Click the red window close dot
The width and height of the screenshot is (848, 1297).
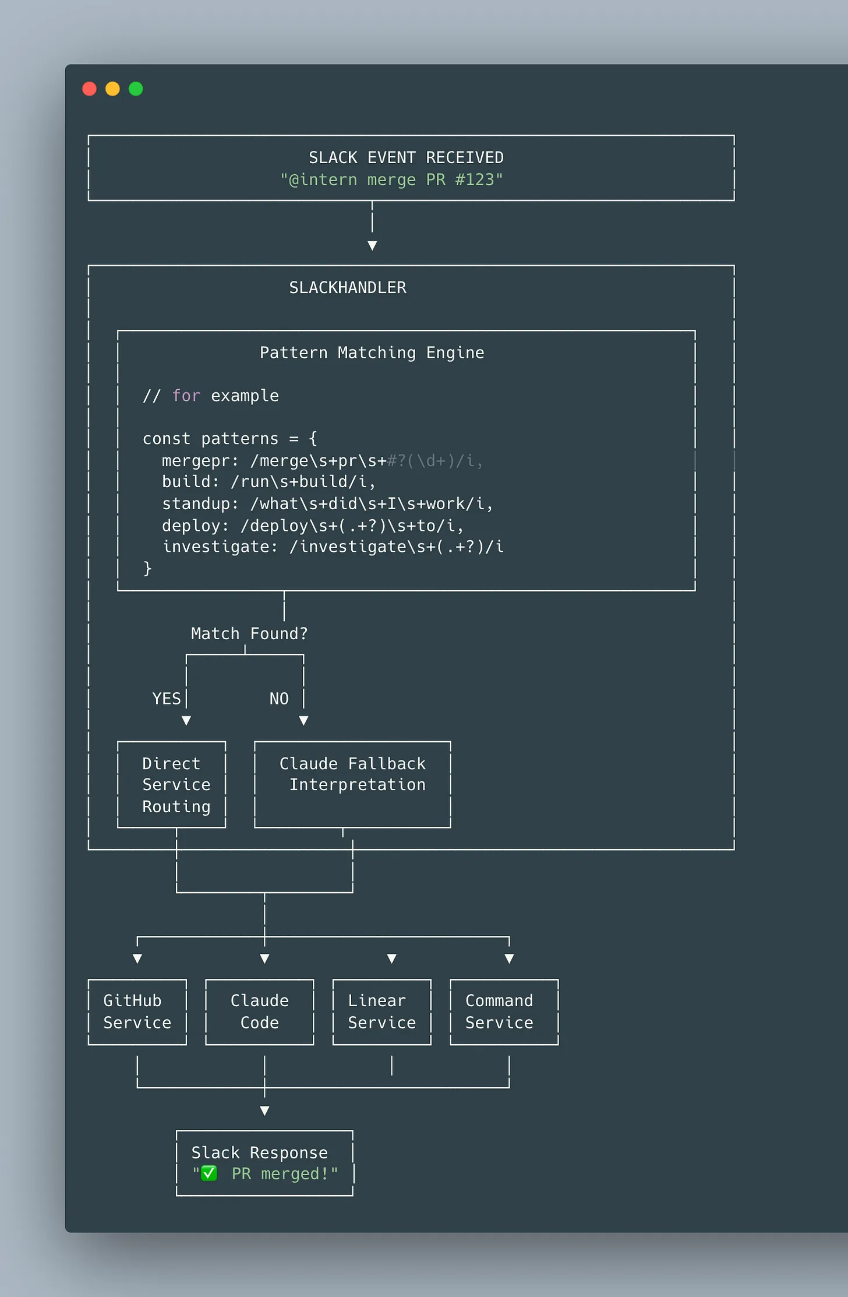tap(90, 89)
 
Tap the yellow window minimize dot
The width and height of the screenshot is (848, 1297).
tap(112, 89)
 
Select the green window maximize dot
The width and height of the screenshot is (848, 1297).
tap(136, 89)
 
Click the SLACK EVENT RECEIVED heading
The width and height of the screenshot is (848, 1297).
tap(406, 157)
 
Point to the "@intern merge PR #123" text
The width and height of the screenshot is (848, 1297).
tap(391, 179)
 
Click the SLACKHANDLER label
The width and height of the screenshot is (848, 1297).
tap(348, 287)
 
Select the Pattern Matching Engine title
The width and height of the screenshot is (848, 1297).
tap(372, 353)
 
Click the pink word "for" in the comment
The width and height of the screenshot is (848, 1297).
tap(186, 396)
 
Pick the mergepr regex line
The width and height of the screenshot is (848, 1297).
tap(322, 461)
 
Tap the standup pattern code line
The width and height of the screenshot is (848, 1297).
tap(327, 503)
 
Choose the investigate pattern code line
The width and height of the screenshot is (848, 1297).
tap(333, 547)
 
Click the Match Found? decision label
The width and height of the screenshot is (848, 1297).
tap(249, 633)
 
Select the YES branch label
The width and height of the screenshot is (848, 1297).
tap(166, 699)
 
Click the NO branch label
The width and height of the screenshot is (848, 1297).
tap(279, 699)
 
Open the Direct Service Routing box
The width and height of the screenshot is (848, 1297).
tap(172, 784)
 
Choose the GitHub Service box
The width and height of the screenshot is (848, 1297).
tap(137, 1011)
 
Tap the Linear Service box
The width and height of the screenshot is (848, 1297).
tap(382, 1011)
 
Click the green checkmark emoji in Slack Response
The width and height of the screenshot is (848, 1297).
tap(209, 1173)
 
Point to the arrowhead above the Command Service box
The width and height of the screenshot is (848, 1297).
tap(509, 958)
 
